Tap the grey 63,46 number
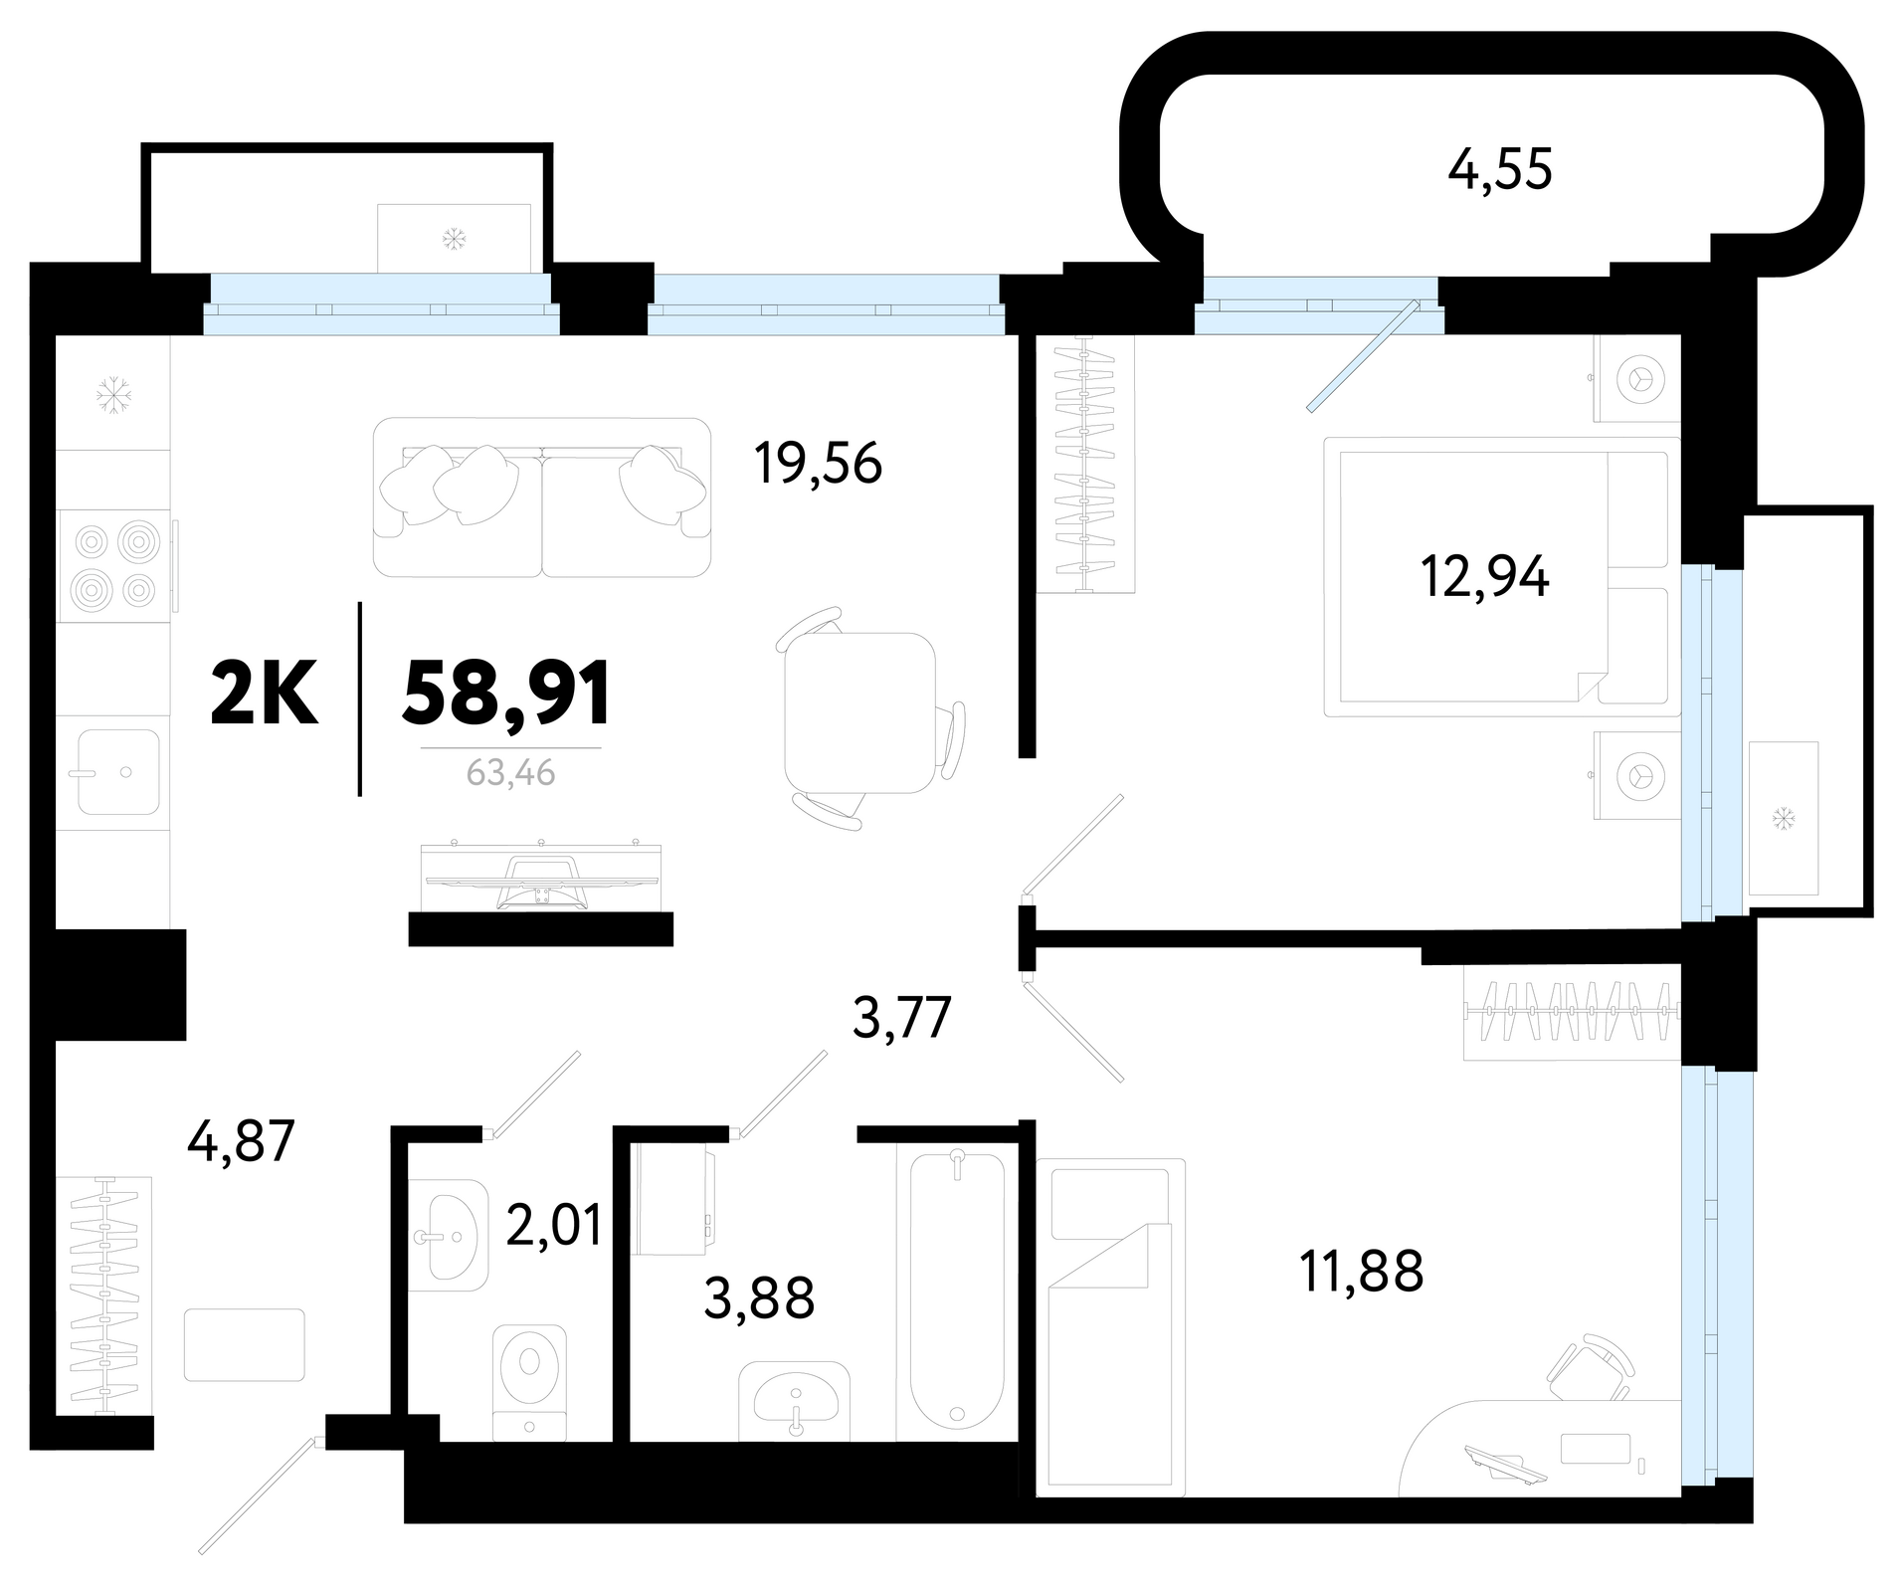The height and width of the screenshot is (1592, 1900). [510, 773]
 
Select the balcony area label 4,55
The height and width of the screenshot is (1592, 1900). [1500, 170]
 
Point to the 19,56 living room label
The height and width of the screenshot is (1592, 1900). [818, 463]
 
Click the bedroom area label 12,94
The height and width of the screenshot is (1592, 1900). [1484, 576]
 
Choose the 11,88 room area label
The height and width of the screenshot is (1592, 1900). [1362, 1271]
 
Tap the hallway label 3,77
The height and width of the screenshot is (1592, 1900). [903, 1018]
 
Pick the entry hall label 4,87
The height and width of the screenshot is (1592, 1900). [242, 1141]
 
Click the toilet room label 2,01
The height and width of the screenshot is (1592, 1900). [554, 1225]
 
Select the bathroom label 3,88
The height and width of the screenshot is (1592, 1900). [759, 1298]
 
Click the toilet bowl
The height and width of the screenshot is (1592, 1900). [529, 1382]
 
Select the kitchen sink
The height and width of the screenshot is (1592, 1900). [118, 772]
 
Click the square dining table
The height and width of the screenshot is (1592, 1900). [860, 711]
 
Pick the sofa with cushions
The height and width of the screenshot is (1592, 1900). [542, 497]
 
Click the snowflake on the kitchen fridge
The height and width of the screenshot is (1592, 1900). [113, 395]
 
